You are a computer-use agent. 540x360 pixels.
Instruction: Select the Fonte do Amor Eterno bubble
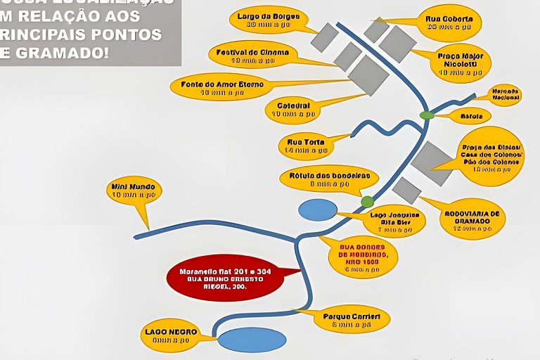[x=216, y=87]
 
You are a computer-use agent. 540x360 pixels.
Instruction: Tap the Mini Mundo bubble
[x=134, y=191]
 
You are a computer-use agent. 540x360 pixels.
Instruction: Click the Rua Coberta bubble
[x=449, y=22]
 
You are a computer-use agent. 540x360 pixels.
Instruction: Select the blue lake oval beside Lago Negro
[x=252, y=340]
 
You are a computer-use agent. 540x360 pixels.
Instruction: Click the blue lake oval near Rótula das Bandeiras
[x=318, y=210]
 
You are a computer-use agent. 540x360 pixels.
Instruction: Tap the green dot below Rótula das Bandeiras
[x=367, y=202]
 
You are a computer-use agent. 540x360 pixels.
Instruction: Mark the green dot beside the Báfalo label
[x=427, y=115]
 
